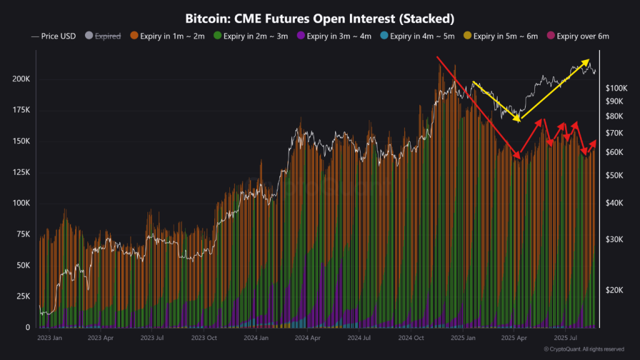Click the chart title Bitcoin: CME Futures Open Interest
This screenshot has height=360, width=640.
[319, 17]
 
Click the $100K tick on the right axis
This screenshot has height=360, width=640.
[617, 88]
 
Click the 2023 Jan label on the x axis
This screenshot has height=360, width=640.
[49, 338]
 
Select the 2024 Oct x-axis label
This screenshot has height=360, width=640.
[409, 338]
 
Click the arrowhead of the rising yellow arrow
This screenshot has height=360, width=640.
[587, 61]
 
